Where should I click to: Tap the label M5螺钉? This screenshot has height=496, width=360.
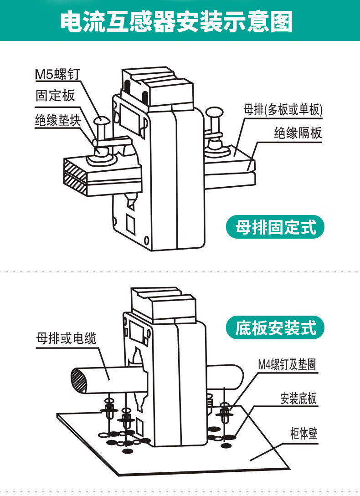pyautogui.click(x=57, y=74)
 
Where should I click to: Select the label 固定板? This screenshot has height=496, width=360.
pyautogui.click(x=55, y=95)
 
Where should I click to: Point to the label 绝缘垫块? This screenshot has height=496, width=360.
pyautogui.click(x=58, y=120)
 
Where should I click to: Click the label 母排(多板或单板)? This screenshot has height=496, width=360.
pyautogui.click(x=283, y=110)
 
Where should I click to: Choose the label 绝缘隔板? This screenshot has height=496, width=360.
pyautogui.click(x=298, y=133)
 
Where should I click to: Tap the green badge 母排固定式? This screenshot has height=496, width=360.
pyautogui.click(x=275, y=227)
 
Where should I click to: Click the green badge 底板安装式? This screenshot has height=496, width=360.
pyautogui.click(x=275, y=328)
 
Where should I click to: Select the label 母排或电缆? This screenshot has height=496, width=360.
pyautogui.click(x=66, y=338)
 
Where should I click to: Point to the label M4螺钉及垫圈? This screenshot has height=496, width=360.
pyautogui.click(x=287, y=364)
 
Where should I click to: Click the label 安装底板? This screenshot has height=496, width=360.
pyautogui.click(x=298, y=399)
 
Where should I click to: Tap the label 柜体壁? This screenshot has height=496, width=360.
pyautogui.click(x=303, y=433)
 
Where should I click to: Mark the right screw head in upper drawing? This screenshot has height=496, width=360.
pyautogui.click(x=214, y=112)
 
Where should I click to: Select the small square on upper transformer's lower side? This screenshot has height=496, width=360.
pyautogui.click(x=130, y=224)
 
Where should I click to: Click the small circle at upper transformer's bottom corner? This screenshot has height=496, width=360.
pyautogui.click(x=146, y=240)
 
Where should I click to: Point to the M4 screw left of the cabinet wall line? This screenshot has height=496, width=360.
pyautogui.click(x=224, y=413)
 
